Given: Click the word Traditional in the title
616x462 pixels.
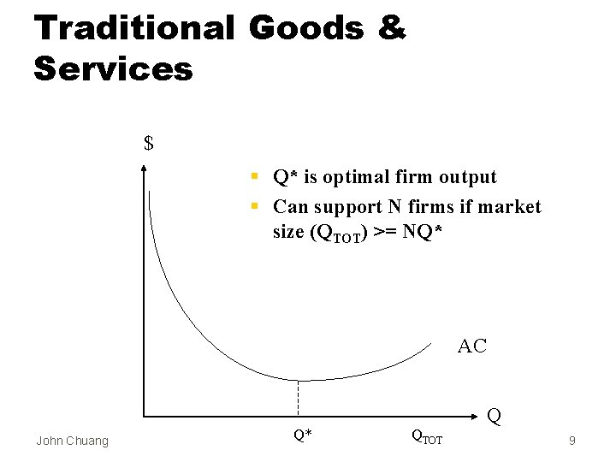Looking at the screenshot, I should point(133,27).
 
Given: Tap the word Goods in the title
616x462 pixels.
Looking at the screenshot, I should point(306,27).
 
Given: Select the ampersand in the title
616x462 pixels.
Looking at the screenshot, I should point(390,27).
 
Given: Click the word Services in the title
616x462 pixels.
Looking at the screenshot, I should point(113,68).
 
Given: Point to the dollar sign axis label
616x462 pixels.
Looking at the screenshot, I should point(149,143).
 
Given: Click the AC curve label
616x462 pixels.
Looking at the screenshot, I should point(472,346).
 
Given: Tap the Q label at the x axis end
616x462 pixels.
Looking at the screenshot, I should point(494,418).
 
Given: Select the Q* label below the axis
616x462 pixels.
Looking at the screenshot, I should point(302,435).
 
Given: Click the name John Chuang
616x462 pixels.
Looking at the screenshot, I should point(72,441).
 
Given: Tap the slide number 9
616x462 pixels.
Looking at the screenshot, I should point(572,441).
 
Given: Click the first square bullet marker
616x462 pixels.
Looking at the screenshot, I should point(255,178).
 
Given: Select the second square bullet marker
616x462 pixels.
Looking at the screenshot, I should point(255,207).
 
